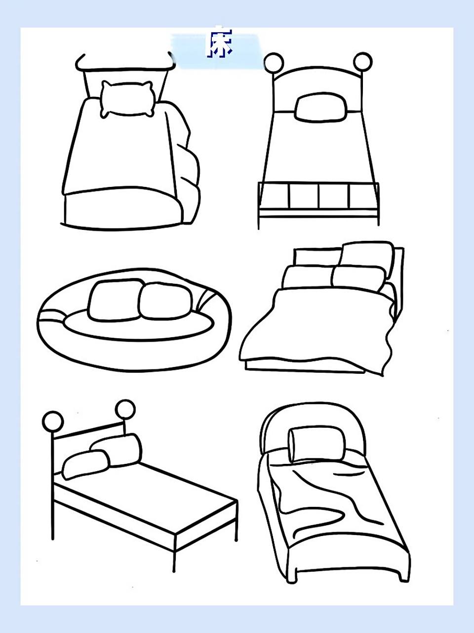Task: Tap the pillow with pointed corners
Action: (127, 99)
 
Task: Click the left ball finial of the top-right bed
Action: (274, 63)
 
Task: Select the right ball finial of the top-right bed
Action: (362, 62)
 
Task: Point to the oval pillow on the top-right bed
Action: (320, 107)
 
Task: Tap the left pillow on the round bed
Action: (115, 300)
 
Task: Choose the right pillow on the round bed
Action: (165, 301)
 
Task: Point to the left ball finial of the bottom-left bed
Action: (53, 422)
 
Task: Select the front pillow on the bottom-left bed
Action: (86, 464)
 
